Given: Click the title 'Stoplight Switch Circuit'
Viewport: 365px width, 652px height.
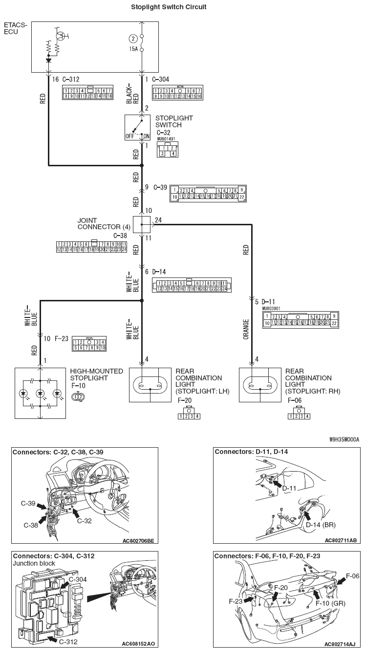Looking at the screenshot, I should click(x=169, y=7).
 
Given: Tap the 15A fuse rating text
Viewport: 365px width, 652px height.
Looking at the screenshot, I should click(x=133, y=49).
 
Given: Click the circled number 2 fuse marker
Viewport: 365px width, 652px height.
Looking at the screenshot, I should click(x=133, y=39).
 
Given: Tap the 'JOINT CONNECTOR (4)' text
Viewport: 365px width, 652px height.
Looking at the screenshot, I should click(x=104, y=223).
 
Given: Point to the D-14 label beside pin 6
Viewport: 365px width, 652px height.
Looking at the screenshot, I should click(x=159, y=272).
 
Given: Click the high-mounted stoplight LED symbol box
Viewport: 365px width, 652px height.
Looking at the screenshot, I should click(x=40, y=393).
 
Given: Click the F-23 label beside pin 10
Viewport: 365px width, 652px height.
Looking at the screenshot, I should click(x=63, y=338).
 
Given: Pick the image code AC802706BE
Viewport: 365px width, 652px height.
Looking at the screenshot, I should click(x=139, y=541).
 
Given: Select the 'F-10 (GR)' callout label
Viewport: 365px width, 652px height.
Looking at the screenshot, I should click(x=330, y=603).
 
